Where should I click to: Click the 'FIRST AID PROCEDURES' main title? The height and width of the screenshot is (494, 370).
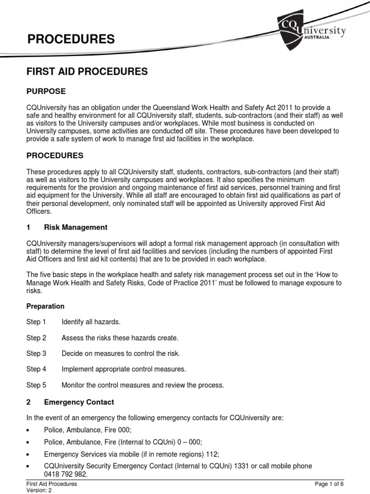[x=87, y=71]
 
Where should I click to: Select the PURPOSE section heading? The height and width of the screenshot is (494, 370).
[x=46, y=91]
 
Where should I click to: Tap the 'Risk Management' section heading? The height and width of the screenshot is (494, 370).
[x=76, y=227]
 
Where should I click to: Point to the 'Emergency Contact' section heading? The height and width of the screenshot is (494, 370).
[x=79, y=402]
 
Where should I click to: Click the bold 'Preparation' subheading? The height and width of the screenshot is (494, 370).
[x=45, y=306]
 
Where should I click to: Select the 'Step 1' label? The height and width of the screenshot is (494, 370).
[x=36, y=322]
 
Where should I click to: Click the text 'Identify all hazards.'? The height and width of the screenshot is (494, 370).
[x=91, y=322]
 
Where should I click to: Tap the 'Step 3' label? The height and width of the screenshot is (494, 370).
[x=36, y=354]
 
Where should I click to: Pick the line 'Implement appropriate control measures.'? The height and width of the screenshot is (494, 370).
[x=124, y=370]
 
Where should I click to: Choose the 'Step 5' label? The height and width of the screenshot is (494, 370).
[x=36, y=385]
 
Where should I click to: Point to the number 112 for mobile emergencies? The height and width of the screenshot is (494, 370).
[x=212, y=454]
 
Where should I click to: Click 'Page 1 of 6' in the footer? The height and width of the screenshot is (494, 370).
[x=330, y=484]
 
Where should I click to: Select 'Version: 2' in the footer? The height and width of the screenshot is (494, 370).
[x=39, y=490]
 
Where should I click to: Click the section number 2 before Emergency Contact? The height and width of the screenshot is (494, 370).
[x=28, y=402]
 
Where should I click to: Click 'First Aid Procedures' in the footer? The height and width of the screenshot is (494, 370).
[x=52, y=484]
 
